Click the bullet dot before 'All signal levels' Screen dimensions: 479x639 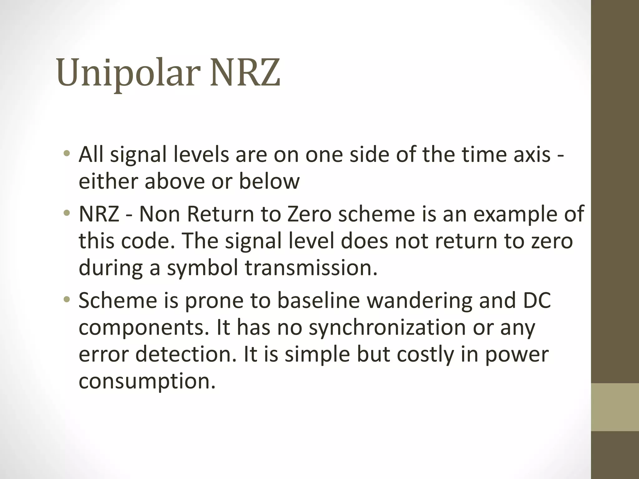point(66,153)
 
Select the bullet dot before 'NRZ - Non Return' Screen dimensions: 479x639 point(66,214)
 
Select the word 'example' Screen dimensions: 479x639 point(511,214)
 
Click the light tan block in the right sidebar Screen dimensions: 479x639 point(615,407)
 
